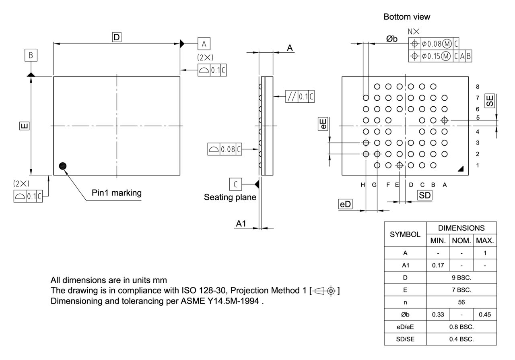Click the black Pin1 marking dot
pyautogui.click(x=63, y=166)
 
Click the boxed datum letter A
pyautogui.click(x=204, y=43)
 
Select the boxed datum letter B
pyautogui.click(x=31, y=55)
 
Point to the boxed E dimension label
pyautogui.click(x=24, y=126)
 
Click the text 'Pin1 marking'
pyautogui.click(x=117, y=193)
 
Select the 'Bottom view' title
pyautogui.click(x=407, y=17)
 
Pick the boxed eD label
pyautogui.click(x=345, y=205)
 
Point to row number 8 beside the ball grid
pyautogui.click(x=478, y=87)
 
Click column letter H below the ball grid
pyautogui.click(x=363, y=185)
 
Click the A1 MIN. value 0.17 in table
pyautogui.click(x=438, y=265)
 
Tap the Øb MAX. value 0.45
pyautogui.click(x=484, y=314)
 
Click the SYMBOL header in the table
pyautogui.click(x=405, y=234)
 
